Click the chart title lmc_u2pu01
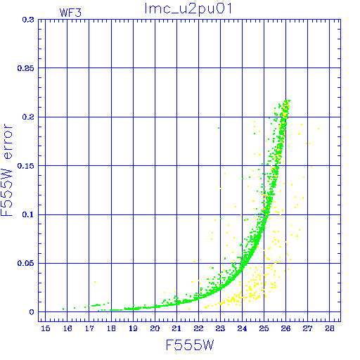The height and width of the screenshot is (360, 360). click(188, 8)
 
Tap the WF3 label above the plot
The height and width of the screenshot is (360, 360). click(70, 13)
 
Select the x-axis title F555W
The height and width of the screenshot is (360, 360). click(190, 345)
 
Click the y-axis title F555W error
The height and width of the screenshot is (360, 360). click(6, 170)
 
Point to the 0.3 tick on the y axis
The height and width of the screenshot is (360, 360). click(28, 20)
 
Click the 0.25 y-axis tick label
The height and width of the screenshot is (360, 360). click(26, 68)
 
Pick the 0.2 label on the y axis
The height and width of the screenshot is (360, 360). click(28, 117)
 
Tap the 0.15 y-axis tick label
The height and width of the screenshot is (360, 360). click(26, 166)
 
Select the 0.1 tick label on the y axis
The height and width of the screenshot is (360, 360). click(28, 214)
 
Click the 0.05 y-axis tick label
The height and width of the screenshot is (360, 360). click(26, 264)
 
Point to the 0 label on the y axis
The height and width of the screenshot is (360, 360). click(32, 312)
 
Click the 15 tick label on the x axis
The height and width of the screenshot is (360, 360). click(46, 328)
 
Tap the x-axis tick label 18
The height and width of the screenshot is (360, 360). click(111, 328)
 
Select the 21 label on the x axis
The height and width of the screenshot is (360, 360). click(176, 328)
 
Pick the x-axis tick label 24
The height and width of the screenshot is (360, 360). click(242, 328)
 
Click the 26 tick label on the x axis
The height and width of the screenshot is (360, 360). click(285, 328)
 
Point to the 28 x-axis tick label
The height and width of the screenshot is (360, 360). click(330, 328)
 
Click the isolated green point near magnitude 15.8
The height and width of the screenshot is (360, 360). click(63, 309)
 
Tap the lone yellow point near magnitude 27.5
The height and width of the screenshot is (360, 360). click(319, 129)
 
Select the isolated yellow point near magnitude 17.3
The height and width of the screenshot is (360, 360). click(95, 282)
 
